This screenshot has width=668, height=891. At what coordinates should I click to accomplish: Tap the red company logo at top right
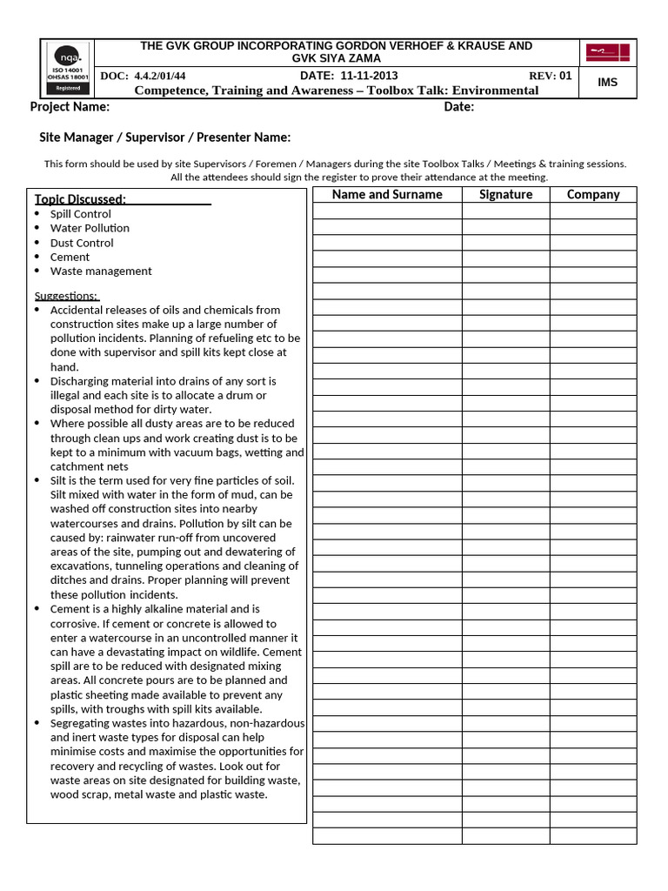click(x=608, y=53)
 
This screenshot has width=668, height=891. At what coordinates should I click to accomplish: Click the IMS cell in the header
click(x=608, y=82)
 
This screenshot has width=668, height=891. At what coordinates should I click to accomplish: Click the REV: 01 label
click(x=550, y=76)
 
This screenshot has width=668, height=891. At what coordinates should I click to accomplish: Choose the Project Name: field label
click(x=70, y=107)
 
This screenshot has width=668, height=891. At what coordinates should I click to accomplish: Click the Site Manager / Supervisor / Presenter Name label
click(x=165, y=137)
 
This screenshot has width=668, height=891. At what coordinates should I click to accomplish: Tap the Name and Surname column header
click(x=387, y=195)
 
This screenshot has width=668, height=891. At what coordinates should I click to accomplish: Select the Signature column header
click(x=505, y=195)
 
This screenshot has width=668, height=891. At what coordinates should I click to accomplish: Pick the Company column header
click(x=593, y=195)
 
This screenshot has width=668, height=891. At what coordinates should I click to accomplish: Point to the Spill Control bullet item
click(x=81, y=214)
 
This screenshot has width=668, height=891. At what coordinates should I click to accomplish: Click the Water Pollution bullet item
click(x=90, y=228)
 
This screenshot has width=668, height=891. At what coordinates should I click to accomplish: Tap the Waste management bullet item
click(x=101, y=271)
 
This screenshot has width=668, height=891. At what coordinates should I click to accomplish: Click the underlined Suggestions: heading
click(x=66, y=296)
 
